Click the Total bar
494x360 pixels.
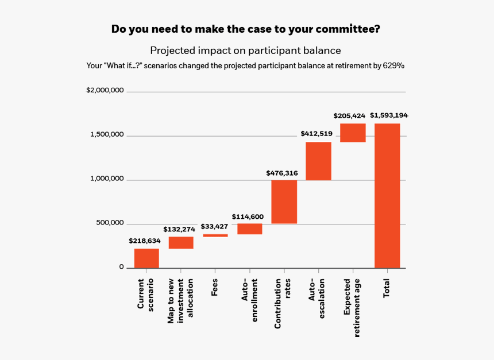[x=387, y=195]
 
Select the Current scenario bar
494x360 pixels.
[x=146, y=258]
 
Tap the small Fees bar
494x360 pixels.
[x=215, y=235]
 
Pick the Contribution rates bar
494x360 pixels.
[x=284, y=202]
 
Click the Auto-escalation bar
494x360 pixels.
[x=318, y=161]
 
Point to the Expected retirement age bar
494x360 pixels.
[x=353, y=133]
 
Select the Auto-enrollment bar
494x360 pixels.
[x=249, y=229]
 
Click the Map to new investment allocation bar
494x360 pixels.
[x=180, y=242]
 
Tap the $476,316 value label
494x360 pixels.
[x=281, y=173]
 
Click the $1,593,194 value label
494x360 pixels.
[x=389, y=115]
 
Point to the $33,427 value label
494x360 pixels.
[x=214, y=226]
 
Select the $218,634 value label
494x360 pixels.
[x=145, y=241]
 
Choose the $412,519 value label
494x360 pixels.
[x=316, y=134]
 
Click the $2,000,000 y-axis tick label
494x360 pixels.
[x=105, y=91]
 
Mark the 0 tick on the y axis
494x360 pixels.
[x=121, y=267]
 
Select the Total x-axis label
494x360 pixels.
[x=387, y=288]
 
